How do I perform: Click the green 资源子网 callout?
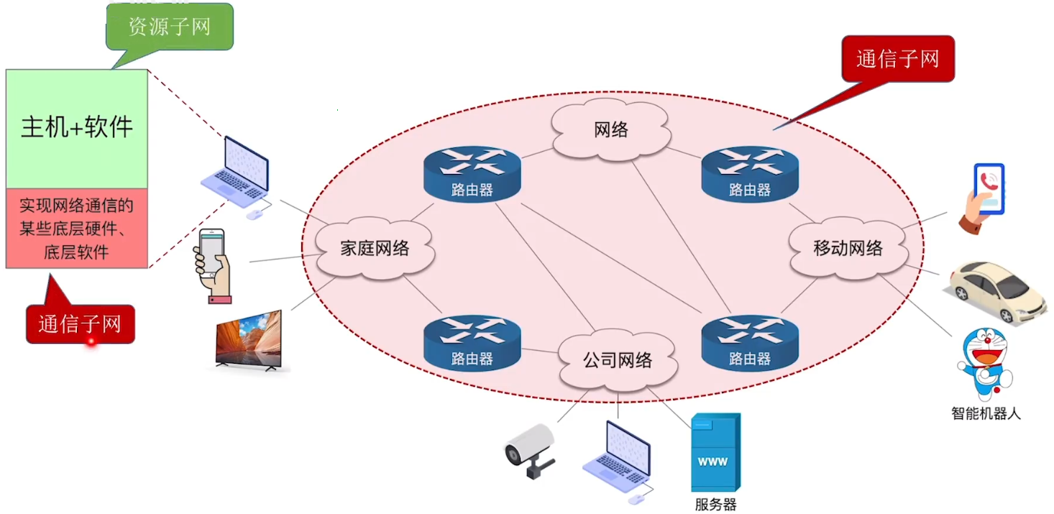(x=170, y=27)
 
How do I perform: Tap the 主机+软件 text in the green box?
(x=77, y=127)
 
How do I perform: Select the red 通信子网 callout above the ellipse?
(x=897, y=59)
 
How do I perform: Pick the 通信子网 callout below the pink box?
(x=80, y=324)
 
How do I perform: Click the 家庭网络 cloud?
(x=374, y=249)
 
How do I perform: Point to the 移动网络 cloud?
(x=848, y=249)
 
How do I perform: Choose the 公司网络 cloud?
(x=618, y=359)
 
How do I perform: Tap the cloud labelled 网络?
(x=611, y=129)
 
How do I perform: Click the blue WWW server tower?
(x=714, y=453)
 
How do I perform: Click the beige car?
(x=997, y=291)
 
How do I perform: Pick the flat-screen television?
(x=249, y=341)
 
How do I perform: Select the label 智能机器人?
(x=986, y=413)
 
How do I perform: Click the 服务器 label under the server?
(x=715, y=504)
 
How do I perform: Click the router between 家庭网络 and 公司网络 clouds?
(x=472, y=344)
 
